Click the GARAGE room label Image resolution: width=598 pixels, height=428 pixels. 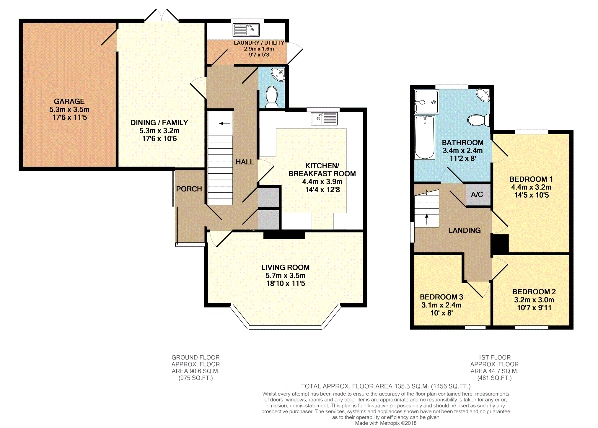pos(69,101)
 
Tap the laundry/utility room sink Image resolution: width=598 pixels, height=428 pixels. pos(246,30)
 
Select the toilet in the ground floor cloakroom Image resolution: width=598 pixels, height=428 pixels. pos(272,97)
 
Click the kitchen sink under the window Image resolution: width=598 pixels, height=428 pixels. pos(324,118)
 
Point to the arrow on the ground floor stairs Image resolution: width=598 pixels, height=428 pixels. pos(224,123)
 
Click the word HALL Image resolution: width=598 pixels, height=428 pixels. pos(245,162)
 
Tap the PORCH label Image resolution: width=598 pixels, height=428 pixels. pos(189,189)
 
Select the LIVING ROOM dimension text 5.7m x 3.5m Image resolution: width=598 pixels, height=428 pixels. pos(285,276)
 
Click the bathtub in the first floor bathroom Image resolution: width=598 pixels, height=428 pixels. pos(425,137)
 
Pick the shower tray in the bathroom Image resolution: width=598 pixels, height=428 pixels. pos(426,102)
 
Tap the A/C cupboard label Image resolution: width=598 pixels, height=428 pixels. pos(477,194)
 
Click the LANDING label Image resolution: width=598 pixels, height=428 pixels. pos(465,230)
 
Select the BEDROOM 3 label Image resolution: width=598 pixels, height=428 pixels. pos(441,297)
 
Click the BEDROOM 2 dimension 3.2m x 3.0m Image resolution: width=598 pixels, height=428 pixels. pos(534,300)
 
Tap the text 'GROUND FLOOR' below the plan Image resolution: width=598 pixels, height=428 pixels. pos(195,357)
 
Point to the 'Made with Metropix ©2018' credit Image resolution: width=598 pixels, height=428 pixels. pos(386,423)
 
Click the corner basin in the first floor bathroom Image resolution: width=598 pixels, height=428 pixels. pos(483,95)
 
